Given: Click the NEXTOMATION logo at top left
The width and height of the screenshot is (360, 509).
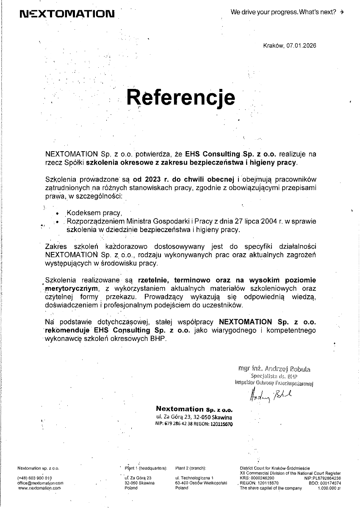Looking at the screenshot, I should (67, 14).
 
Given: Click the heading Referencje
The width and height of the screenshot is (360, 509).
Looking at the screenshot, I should (181, 97).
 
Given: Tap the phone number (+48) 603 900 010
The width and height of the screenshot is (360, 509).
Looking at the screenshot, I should (35, 478).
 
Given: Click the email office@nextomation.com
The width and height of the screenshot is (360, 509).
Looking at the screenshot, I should (40, 483).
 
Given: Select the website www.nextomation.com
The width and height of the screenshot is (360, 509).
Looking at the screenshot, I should (39, 488).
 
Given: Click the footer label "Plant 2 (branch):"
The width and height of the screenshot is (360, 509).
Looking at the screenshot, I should (191, 468).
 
